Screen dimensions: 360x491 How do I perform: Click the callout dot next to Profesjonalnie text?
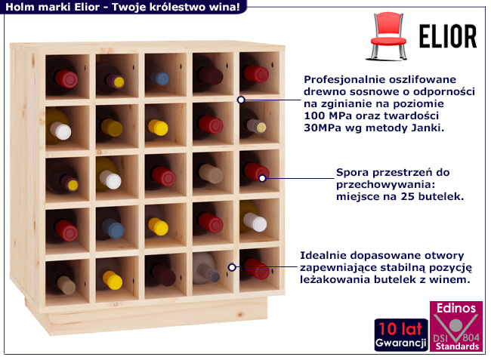tap(241, 99)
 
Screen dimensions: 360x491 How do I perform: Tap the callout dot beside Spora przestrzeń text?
tap(263, 178)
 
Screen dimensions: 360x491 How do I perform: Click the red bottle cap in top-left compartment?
tap(69, 78)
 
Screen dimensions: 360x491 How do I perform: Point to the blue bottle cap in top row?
tap(161, 78)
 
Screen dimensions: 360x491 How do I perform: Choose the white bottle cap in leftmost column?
tap(63, 131)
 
